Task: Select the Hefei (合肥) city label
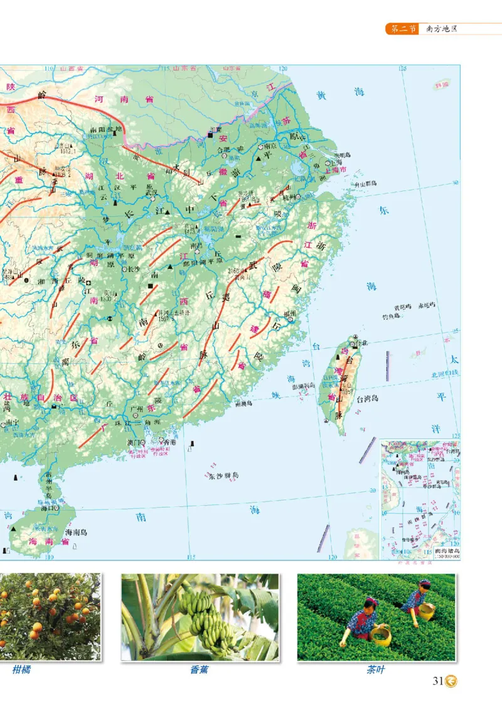click(223, 150)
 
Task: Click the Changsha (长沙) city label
click(134, 268)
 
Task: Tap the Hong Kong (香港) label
click(169, 442)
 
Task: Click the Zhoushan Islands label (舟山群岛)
click(365, 183)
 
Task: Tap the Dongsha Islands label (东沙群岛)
click(224, 476)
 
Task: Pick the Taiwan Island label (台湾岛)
click(368, 399)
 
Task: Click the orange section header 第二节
click(402, 29)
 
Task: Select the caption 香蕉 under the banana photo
click(199, 670)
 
